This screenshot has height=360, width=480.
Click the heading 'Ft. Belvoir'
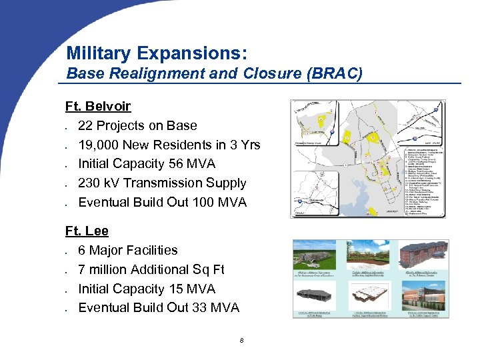pos(98,106)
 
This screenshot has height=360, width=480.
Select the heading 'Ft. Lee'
pos(87,231)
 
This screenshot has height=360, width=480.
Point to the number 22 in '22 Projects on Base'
pos(85,125)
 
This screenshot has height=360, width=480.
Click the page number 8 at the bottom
pos(241,341)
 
